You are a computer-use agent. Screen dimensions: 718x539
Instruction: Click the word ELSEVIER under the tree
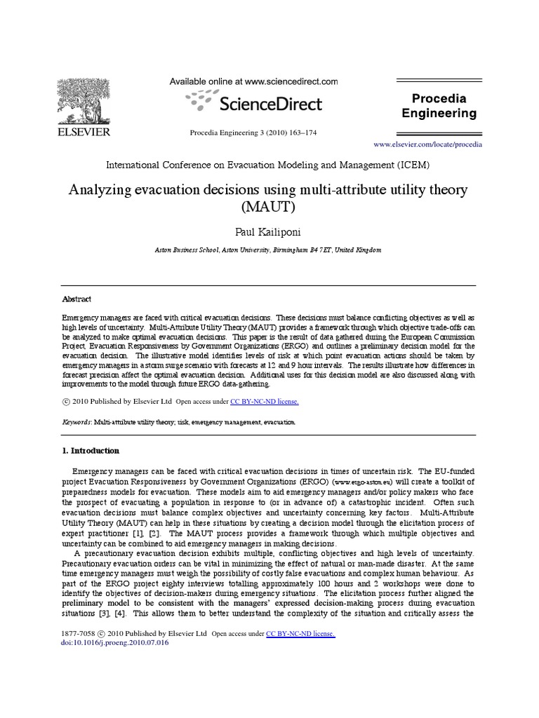[84, 132]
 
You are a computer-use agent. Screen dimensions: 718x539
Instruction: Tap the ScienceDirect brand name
[271, 104]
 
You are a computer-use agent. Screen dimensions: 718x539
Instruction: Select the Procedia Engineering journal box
[438, 106]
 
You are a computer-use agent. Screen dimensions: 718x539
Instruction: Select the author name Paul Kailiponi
[268, 232]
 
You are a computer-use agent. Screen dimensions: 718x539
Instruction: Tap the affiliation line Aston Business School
[268, 250]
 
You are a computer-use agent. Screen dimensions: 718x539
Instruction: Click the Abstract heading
[76, 299]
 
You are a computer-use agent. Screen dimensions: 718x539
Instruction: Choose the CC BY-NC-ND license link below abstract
[265, 402]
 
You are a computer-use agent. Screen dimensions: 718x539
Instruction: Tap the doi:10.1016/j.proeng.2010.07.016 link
[116, 642]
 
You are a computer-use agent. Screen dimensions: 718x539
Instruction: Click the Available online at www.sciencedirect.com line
[253, 82]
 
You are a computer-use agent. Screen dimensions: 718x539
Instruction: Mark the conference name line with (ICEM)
[267, 165]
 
